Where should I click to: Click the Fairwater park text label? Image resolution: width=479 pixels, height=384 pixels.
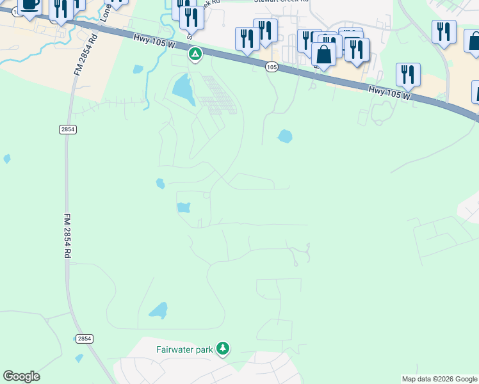click(185, 349)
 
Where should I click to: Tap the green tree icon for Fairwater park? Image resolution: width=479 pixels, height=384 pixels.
click(222, 349)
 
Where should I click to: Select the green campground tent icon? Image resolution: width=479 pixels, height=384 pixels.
click(195, 54)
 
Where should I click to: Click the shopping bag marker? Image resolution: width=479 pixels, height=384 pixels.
click(324, 56)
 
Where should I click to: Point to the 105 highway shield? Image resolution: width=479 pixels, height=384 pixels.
click(272, 67)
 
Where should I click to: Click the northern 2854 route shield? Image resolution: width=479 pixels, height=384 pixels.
click(68, 129)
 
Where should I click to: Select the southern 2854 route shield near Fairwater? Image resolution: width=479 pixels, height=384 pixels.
click(85, 338)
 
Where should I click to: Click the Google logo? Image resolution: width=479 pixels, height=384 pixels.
click(21, 376)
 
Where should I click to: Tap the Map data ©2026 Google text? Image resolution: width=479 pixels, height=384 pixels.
click(439, 379)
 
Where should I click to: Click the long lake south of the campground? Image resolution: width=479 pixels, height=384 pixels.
click(183, 89)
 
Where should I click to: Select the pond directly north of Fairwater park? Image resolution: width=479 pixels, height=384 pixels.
click(158, 310)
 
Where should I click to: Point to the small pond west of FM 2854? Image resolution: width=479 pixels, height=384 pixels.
click(7, 158)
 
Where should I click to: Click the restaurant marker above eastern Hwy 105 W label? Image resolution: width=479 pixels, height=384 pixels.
click(407, 75)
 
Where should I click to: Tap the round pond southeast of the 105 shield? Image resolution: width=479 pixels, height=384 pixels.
click(284, 136)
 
